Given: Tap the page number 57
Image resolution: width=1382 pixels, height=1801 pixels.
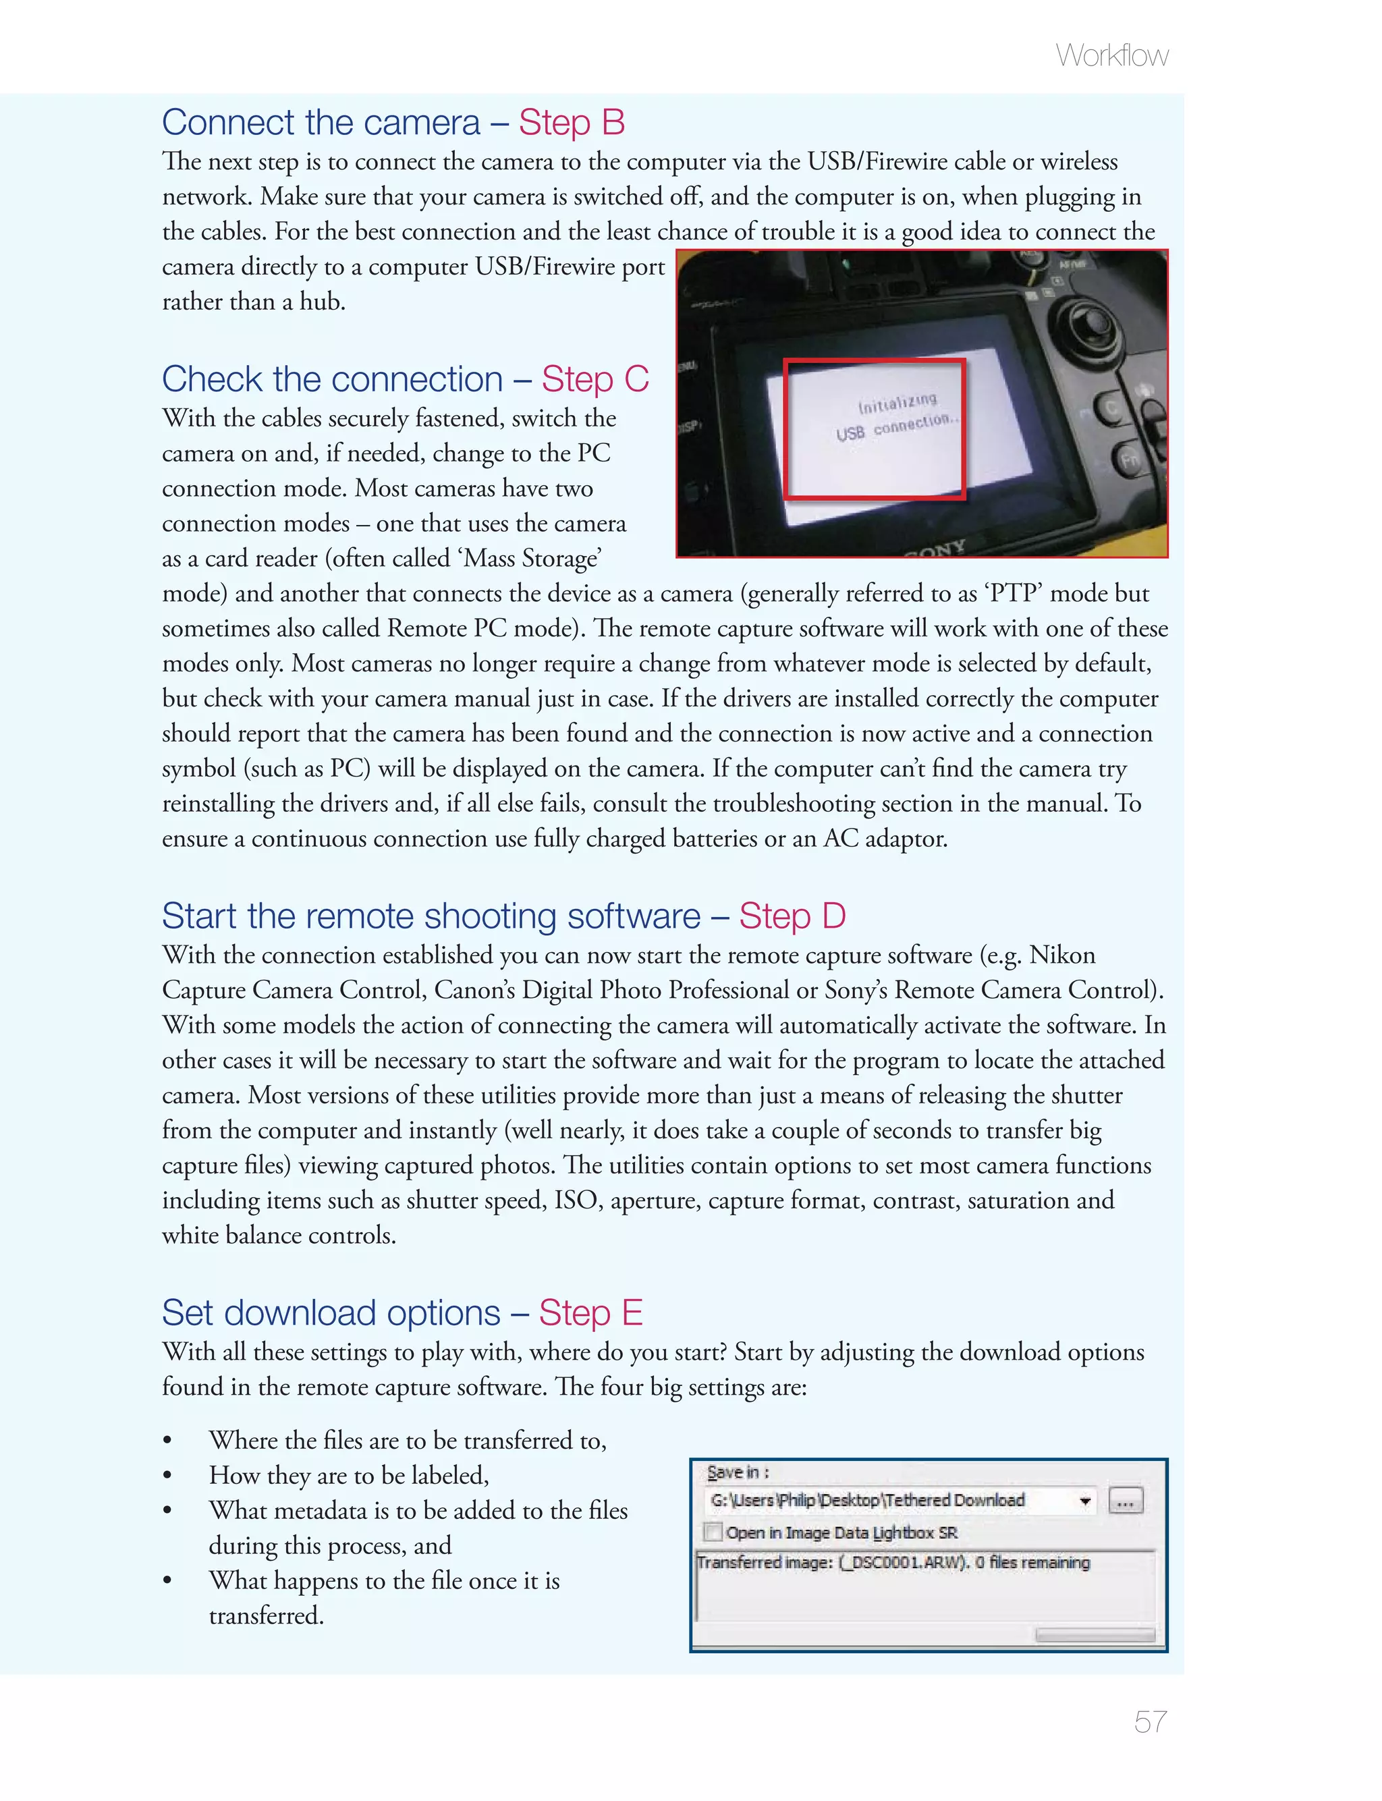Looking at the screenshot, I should (x=1149, y=1721).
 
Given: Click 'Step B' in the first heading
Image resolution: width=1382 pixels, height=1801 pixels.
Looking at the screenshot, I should (x=572, y=123).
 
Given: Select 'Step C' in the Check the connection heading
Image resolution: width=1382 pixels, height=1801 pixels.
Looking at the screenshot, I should (x=595, y=379).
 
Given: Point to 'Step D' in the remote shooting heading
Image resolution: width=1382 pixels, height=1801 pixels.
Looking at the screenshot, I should (x=792, y=916).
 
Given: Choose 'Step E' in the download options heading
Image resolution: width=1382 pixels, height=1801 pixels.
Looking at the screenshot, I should (x=590, y=1313).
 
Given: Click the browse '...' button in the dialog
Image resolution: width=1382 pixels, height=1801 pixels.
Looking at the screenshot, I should (x=1126, y=1501).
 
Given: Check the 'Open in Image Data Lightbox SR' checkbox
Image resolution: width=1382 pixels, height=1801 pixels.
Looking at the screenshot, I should (x=713, y=1532).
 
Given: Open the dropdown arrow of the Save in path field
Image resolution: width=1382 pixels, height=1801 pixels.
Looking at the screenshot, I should (x=1085, y=1501).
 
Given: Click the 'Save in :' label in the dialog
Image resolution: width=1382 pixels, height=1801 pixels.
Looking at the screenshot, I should (x=737, y=1472).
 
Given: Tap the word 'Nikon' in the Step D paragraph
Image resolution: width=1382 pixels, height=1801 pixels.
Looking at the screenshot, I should (x=1062, y=955).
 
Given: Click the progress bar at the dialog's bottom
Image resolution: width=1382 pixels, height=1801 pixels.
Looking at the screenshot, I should (x=1094, y=1634).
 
